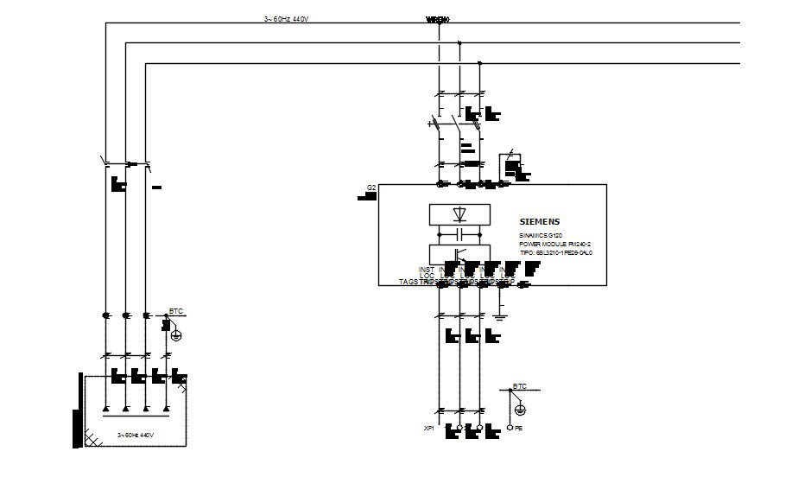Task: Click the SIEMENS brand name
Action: click(x=540, y=222)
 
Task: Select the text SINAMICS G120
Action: click(x=541, y=235)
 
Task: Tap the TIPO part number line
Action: click(x=555, y=254)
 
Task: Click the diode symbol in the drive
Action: click(x=459, y=213)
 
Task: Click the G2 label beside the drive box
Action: click(x=371, y=188)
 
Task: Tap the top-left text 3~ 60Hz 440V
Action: click(x=286, y=18)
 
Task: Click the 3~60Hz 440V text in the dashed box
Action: click(x=135, y=436)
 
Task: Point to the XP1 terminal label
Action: click(x=428, y=429)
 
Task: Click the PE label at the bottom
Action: click(x=519, y=429)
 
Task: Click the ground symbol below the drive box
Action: click(x=500, y=315)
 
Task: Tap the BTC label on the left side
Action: click(x=176, y=311)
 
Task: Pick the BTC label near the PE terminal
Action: click(x=520, y=385)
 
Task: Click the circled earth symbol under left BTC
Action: click(x=177, y=335)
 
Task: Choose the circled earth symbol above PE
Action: click(x=520, y=409)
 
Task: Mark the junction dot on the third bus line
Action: click(x=480, y=63)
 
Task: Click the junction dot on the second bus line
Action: click(x=459, y=42)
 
